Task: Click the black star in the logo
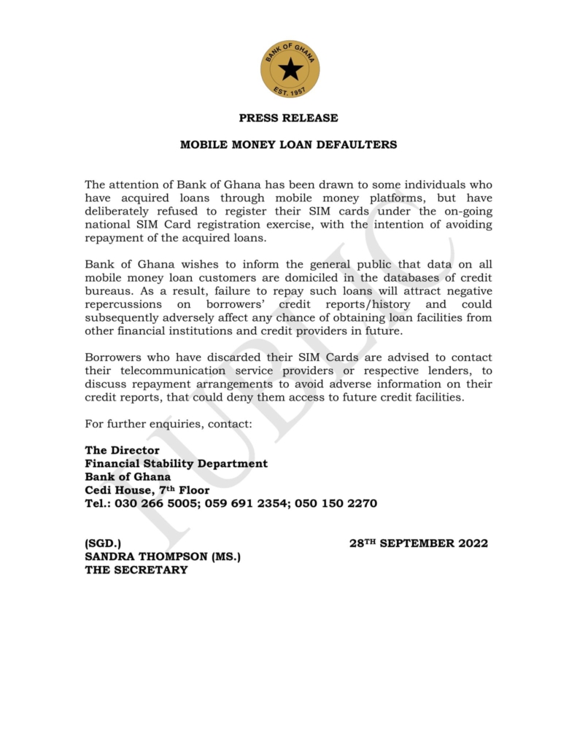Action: click(x=290, y=69)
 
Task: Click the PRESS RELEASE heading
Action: click(x=288, y=118)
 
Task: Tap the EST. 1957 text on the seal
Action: click(x=290, y=91)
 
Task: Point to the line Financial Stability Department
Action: click(x=176, y=464)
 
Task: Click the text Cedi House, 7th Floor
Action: click(x=147, y=490)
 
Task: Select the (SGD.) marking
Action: click(x=103, y=543)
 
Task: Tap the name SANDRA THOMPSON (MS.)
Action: click(x=163, y=557)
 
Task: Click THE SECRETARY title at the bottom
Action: click(x=136, y=570)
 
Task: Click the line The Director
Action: click(x=122, y=451)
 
